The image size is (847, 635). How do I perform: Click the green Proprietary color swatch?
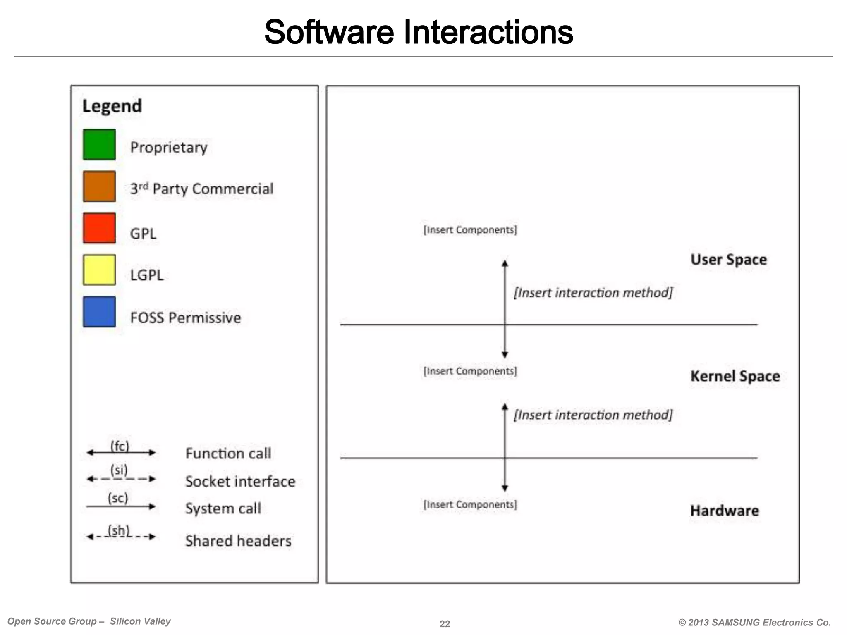pyautogui.click(x=99, y=145)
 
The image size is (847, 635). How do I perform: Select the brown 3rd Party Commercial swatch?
pyautogui.click(x=99, y=186)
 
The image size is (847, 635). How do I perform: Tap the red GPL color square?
pyautogui.click(x=99, y=228)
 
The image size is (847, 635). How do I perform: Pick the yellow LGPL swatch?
pyautogui.click(x=99, y=270)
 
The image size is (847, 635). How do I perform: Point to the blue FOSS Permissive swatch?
pyautogui.click(x=99, y=312)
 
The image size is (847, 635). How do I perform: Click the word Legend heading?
pyautogui.click(x=112, y=106)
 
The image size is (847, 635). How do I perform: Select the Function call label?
pyautogui.click(x=228, y=454)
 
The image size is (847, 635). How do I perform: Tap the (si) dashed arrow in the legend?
pyautogui.click(x=121, y=479)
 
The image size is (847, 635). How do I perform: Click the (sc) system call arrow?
pyautogui.click(x=121, y=506)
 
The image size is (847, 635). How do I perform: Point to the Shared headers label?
pyautogui.click(x=238, y=541)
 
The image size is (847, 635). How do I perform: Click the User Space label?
pyautogui.click(x=729, y=260)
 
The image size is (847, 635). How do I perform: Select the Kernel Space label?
pyautogui.click(x=735, y=376)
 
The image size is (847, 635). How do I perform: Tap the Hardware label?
pyautogui.click(x=725, y=511)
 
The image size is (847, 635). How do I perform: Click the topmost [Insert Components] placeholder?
pyautogui.click(x=470, y=230)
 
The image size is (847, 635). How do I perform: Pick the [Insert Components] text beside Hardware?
pyautogui.click(x=470, y=505)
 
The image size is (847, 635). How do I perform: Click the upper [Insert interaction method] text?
pyautogui.click(x=593, y=293)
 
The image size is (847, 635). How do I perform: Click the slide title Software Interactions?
pyautogui.click(x=419, y=32)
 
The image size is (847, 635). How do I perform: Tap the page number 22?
pyautogui.click(x=445, y=624)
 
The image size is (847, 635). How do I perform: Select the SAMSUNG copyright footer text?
pyautogui.click(x=755, y=622)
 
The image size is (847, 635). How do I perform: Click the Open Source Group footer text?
pyautogui.click(x=89, y=621)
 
